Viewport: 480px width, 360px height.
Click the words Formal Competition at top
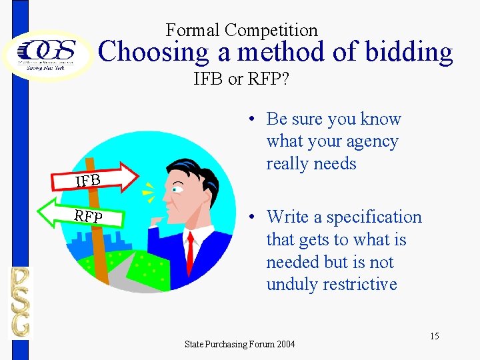tap(241, 30)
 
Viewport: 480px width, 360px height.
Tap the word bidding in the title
tap(406, 52)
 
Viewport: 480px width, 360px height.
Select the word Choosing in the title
tap(144, 52)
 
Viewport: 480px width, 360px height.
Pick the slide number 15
tap(434, 336)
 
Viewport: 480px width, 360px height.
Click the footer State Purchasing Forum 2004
tap(239, 344)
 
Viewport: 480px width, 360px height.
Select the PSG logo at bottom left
tap(19, 301)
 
